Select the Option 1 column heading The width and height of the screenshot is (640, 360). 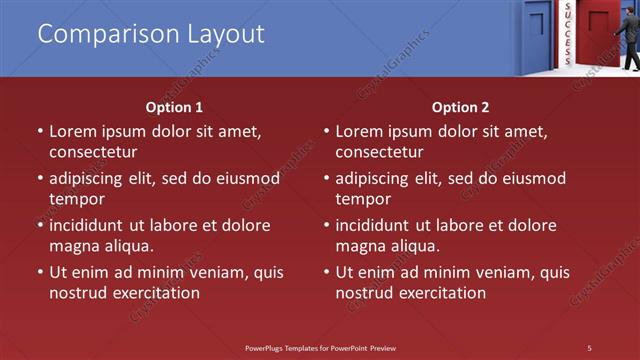pos(174,107)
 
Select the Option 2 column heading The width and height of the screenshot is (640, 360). pos(460,107)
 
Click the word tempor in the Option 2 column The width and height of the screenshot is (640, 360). pos(359,199)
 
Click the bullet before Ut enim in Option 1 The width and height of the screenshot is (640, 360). pos(40,272)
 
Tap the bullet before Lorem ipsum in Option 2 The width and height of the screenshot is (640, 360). pos(326,131)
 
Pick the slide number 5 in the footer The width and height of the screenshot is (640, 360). pos(589,347)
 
